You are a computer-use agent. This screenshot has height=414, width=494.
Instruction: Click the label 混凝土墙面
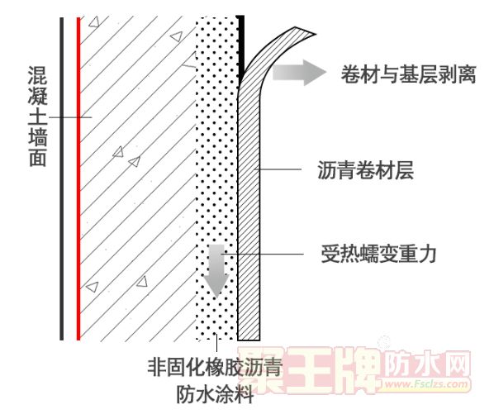click(x=38, y=117)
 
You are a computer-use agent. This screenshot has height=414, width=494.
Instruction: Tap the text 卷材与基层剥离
click(x=408, y=74)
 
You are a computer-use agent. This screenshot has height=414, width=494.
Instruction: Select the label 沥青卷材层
click(x=365, y=170)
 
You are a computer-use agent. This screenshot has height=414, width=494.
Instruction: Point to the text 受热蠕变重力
click(x=378, y=254)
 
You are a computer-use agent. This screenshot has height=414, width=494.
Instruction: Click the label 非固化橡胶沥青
click(x=215, y=367)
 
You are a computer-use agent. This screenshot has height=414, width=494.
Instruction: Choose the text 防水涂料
click(x=215, y=394)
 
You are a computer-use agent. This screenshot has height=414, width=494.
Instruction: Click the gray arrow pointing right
click(x=299, y=73)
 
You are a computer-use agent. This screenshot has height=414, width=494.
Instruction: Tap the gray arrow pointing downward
click(x=216, y=271)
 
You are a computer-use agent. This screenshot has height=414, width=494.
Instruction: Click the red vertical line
click(x=78, y=178)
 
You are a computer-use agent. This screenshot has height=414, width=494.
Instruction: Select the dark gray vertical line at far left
click(x=62, y=178)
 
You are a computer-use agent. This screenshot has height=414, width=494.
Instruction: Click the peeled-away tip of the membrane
click(x=316, y=34)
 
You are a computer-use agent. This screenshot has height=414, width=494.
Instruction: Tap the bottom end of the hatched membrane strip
click(x=249, y=340)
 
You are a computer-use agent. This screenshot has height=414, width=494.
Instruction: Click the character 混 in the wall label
click(x=38, y=75)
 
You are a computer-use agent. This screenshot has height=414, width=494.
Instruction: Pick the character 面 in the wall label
click(x=38, y=158)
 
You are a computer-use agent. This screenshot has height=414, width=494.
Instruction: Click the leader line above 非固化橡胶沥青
click(x=216, y=343)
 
